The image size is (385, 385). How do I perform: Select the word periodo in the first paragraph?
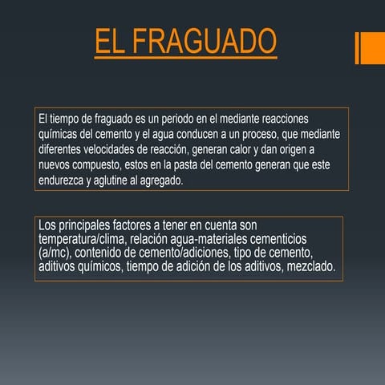[x=179, y=118]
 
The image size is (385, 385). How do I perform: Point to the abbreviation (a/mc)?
[x=55, y=253]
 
